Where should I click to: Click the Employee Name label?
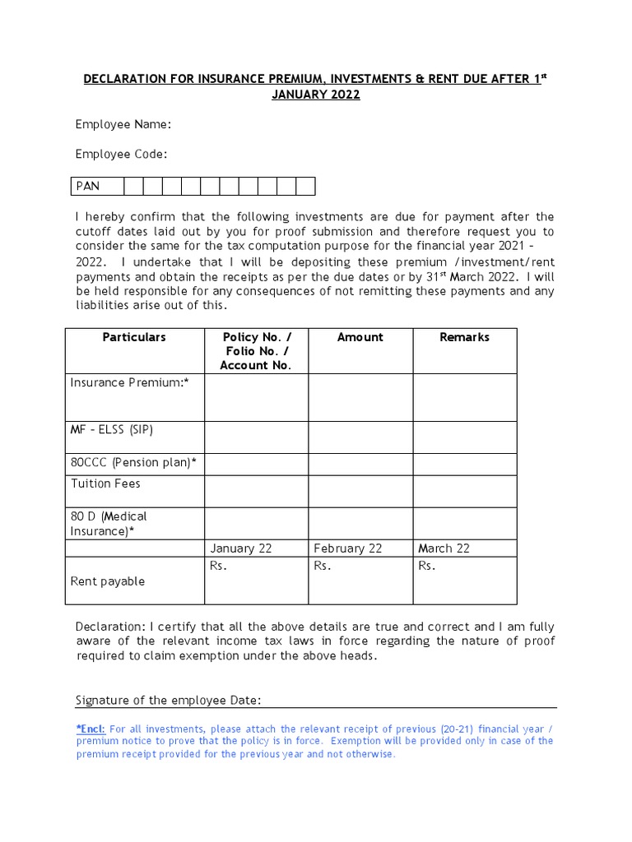(123, 124)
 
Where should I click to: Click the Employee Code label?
(122, 154)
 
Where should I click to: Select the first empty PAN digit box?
(132, 186)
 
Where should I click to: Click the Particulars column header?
(134, 337)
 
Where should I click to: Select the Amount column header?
(360, 337)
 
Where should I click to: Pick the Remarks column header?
(464, 337)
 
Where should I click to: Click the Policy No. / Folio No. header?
(256, 351)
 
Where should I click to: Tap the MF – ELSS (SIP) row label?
(112, 430)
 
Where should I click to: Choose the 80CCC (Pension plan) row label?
(133, 462)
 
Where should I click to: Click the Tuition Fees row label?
(105, 483)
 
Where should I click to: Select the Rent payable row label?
(107, 581)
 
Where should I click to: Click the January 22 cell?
(240, 548)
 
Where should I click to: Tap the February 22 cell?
(347, 548)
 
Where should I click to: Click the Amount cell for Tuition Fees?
(360, 491)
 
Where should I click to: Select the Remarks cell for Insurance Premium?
(464, 397)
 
